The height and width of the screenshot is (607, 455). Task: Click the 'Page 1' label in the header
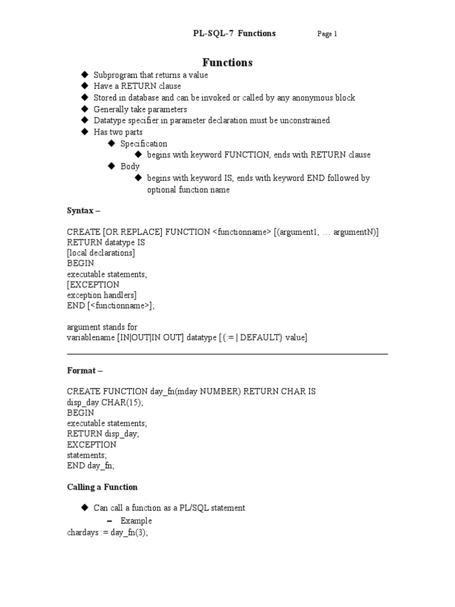tap(327, 34)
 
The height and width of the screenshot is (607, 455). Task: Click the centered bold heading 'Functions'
tap(227, 62)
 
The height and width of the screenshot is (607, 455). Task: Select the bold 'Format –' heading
tap(85, 370)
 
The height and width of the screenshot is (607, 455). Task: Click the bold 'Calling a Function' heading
tap(102, 487)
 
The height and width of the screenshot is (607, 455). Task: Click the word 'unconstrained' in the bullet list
tap(304, 120)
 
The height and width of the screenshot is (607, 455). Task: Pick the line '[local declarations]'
tap(101, 253)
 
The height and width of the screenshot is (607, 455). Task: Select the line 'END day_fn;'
tap(91, 466)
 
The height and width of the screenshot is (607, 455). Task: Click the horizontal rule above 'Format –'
tap(227, 354)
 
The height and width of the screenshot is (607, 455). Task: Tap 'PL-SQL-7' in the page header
tap(209, 33)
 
